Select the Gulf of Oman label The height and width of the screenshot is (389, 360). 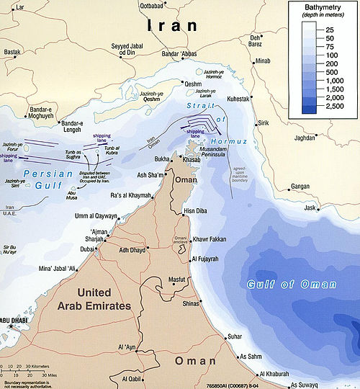coord(291,285)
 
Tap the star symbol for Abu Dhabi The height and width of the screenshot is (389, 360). coord(12,328)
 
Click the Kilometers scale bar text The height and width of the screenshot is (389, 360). coord(38,367)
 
